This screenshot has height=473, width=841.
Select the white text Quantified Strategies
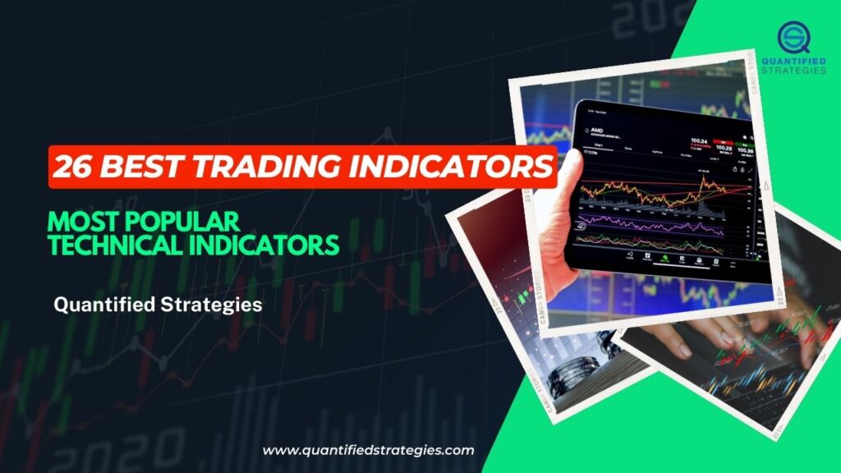(x=158, y=305)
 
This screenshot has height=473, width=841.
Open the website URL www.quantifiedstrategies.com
(x=368, y=450)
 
